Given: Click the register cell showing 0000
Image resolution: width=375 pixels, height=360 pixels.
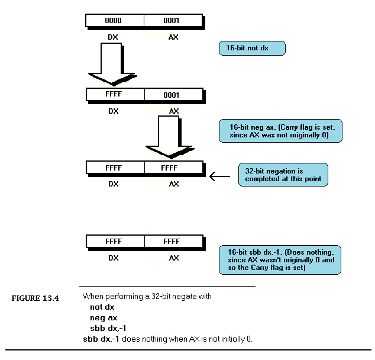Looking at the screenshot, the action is click(115, 21).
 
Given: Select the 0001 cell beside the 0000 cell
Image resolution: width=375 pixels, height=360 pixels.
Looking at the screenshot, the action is click(173, 21).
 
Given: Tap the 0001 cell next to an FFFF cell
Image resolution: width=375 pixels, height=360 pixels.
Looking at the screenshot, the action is click(174, 95).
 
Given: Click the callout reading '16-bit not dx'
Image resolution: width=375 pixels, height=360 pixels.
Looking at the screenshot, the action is click(252, 48).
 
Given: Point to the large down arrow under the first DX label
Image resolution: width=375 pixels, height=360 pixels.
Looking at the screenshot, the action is click(112, 64).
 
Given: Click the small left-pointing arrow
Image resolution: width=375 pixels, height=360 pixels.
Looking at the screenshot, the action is click(219, 176).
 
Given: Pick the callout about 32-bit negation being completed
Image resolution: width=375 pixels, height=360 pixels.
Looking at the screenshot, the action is click(283, 175).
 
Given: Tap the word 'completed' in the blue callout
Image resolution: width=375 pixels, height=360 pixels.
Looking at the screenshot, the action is click(259, 179).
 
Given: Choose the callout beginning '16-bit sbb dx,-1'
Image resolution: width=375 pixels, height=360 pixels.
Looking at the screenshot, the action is click(280, 260).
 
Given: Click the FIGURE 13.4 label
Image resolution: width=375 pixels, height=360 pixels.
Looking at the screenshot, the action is click(35, 298).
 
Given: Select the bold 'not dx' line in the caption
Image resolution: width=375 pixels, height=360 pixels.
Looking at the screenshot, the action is click(102, 307).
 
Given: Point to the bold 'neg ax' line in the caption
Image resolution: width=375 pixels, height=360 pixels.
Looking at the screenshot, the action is click(104, 318).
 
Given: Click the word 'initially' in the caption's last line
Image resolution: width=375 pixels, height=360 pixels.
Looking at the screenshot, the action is click(233, 339).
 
